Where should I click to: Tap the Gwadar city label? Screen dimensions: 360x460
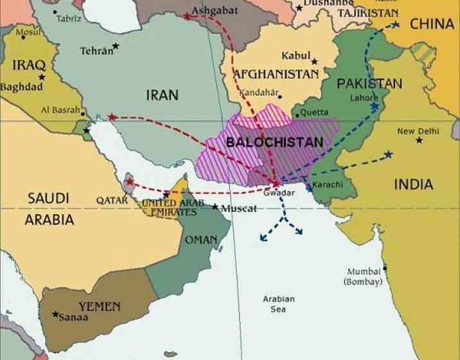coord(279,193)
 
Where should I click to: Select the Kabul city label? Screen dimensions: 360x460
coord(295,55)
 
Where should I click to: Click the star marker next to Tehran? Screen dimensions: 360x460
coord(116,46)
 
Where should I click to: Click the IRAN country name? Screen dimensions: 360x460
coord(162,95)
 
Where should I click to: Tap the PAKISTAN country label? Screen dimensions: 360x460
coord(369,84)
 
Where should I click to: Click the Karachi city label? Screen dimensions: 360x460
coord(328,185)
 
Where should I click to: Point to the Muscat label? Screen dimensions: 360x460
coord(238,209)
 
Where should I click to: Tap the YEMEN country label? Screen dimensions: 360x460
coord(99,306)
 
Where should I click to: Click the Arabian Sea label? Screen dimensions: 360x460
coord(279,304)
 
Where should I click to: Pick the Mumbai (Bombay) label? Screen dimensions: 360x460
coord(364,276)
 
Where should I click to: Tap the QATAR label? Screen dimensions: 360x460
coord(112,200)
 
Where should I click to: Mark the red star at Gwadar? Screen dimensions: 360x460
coord(276,184)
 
